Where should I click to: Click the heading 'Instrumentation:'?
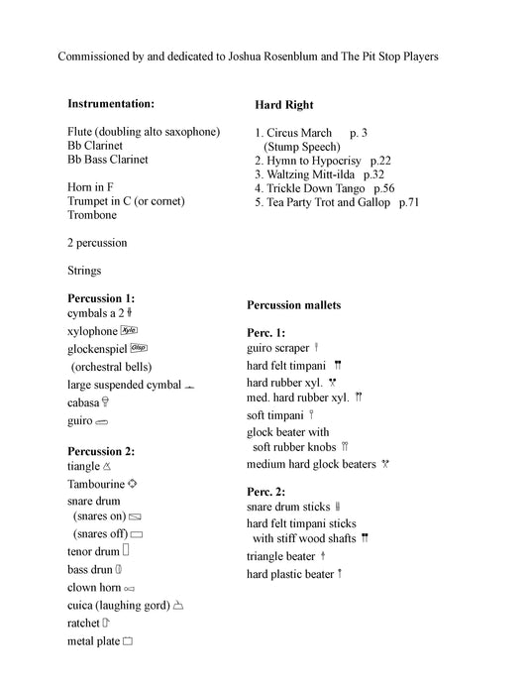click(x=111, y=103)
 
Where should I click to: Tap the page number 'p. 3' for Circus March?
click(x=359, y=132)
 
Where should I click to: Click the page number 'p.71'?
click(x=409, y=201)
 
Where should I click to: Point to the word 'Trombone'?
click(x=92, y=214)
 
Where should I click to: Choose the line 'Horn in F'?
click(x=93, y=187)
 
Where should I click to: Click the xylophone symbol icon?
click(x=129, y=330)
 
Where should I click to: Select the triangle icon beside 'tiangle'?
click(x=107, y=466)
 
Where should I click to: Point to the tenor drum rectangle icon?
click(x=127, y=550)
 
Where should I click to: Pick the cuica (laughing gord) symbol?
click(x=178, y=605)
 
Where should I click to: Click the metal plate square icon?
click(x=128, y=641)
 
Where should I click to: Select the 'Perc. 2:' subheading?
click(x=266, y=491)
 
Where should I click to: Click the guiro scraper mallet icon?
click(x=316, y=348)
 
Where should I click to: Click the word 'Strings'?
click(x=84, y=270)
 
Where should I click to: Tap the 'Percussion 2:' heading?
click(x=101, y=451)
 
